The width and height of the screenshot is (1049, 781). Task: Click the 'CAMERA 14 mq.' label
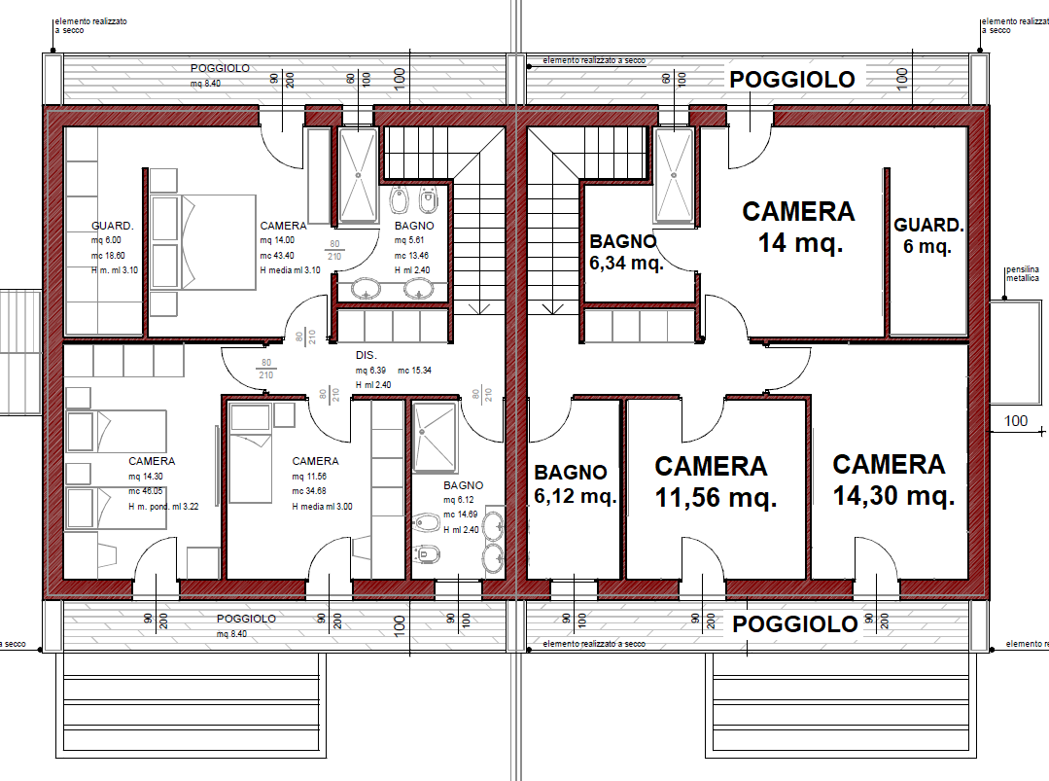coord(799,227)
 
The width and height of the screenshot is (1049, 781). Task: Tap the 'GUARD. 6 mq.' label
coord(928,235)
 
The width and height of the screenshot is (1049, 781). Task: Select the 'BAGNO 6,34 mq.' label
coord(626,252)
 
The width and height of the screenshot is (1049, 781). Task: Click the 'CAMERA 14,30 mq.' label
coord(893,479)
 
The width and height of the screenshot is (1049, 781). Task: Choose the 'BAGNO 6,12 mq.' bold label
coord(575,483)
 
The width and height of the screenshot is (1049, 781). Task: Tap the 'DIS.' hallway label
coord(366,355)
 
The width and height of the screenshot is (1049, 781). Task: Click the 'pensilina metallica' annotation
coord(1023,273)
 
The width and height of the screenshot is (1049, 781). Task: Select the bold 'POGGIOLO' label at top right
coord(792,80)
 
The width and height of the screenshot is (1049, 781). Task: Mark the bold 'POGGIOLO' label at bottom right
coord(795,623)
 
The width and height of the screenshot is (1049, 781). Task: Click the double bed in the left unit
coord(203,242)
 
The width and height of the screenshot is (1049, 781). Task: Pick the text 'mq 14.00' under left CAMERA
coord(277,240)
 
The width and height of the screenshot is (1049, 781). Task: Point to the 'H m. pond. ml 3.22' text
coord(163,507)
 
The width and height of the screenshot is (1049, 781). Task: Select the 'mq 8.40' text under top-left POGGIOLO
coord(205,83)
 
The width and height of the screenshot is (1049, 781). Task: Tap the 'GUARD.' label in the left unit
coord(113,226)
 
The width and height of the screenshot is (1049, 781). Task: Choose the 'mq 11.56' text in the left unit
coord(309,477)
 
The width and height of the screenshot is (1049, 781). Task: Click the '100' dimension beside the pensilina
coord(1016,421)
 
